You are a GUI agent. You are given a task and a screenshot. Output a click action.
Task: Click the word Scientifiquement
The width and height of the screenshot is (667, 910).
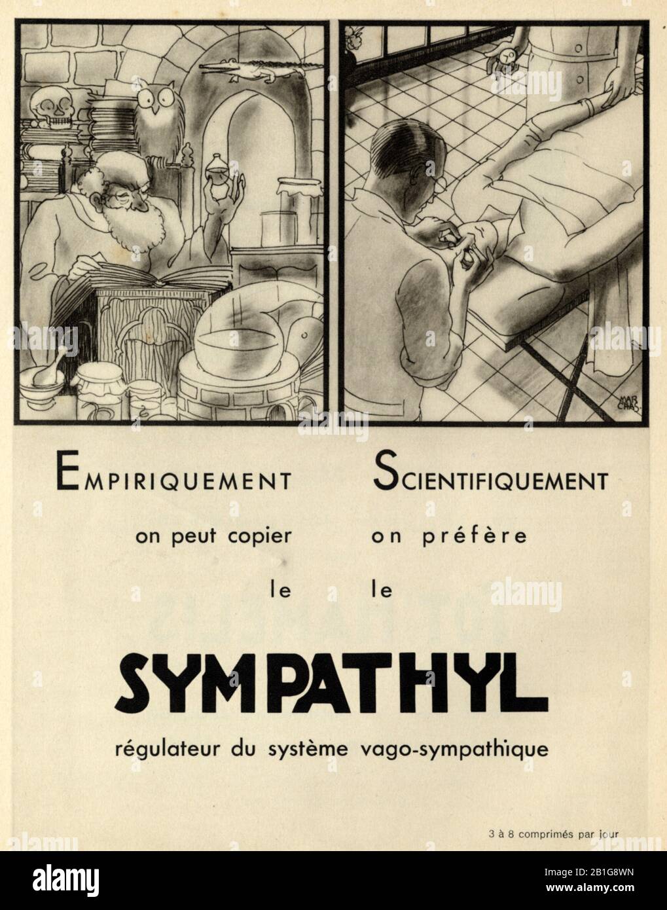(489, 480)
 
